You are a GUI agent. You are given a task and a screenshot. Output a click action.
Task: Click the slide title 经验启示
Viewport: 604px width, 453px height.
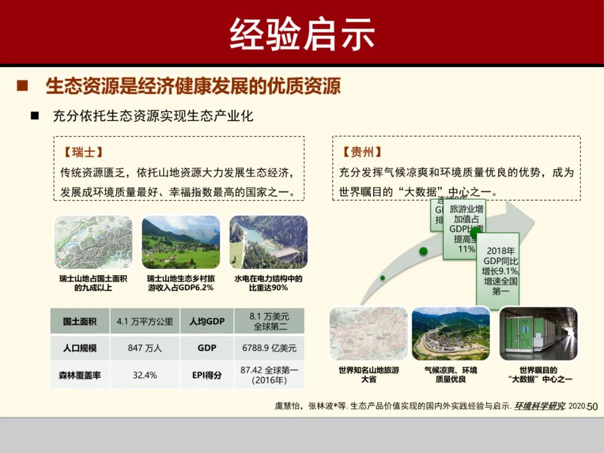(x=302, y=34)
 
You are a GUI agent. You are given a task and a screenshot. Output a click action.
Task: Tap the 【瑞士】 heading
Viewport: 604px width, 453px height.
(x=83, y=152)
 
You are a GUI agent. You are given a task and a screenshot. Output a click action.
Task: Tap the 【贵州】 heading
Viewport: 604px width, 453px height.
(x=362, y=152)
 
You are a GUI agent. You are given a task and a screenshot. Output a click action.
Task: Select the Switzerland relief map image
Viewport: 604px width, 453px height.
(x=93, y=242)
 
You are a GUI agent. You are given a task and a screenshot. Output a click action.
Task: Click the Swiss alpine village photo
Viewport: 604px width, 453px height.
(x=181, y=242)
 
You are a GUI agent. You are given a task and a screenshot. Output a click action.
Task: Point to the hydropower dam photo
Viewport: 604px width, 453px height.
(x=268, y=242)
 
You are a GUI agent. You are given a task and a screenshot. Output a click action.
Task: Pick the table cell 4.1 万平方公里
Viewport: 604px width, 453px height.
(x=145, y=322)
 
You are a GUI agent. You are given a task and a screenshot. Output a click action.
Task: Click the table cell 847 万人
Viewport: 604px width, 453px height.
(x=145, y=348)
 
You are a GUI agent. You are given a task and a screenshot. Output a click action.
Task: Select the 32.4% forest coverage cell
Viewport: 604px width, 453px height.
(x=145, y=375)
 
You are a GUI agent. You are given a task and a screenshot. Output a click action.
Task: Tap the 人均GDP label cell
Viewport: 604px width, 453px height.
(x=207, y=322)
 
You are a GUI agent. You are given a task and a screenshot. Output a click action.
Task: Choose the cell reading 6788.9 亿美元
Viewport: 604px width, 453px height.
(x=270, y=348)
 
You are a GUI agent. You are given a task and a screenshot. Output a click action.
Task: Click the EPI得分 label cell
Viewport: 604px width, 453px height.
(x=207, y=375)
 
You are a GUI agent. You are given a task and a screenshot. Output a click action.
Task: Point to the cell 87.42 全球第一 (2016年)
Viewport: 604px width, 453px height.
(x=270, y=375)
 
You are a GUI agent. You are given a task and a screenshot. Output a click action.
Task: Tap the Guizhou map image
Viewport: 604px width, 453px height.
(x=369, y=333)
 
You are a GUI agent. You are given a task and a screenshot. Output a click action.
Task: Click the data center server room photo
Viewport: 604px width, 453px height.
(x=539, y=333)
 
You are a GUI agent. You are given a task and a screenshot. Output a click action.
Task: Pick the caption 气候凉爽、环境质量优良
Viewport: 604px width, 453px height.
(x=451, y=375)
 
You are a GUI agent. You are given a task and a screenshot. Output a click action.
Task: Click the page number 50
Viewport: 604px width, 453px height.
(x=592, y=407)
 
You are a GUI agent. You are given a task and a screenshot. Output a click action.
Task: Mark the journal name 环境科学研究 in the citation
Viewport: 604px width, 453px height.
(x=540, y=407)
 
